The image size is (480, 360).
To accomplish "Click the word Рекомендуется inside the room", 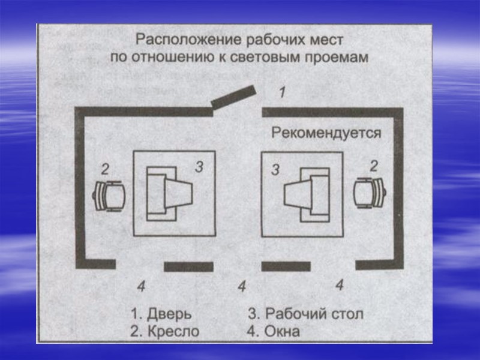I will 326,132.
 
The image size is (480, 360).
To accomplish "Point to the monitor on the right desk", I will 306,194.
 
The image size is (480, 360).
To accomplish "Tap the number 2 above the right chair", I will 373,166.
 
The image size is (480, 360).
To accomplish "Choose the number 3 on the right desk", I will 275,170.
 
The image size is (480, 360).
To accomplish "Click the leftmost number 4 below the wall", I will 140,286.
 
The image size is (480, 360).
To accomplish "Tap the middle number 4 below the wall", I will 242,287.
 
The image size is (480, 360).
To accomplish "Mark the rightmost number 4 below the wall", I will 339,285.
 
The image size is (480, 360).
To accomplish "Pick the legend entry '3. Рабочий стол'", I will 306,314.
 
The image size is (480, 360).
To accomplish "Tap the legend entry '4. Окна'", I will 274,331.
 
